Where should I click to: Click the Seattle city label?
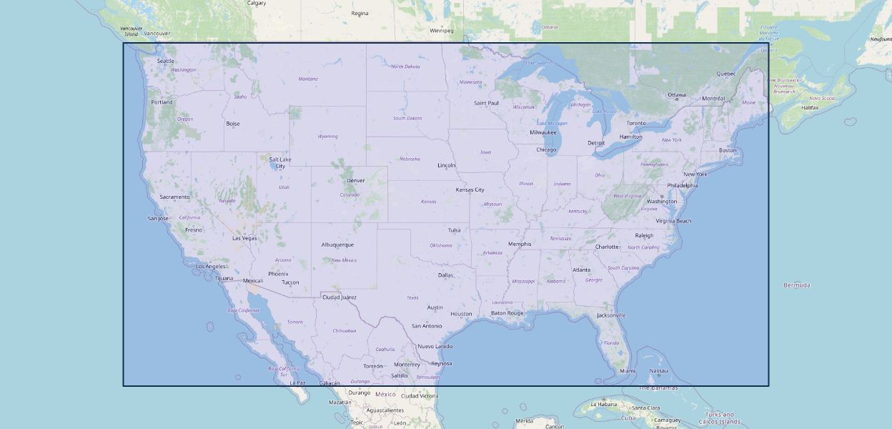165,61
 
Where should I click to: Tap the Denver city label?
355,180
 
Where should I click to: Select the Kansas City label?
470,189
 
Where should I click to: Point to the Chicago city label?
546,149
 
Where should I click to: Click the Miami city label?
628,371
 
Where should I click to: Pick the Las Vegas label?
244,238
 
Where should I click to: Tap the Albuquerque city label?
337,245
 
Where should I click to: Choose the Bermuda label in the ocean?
797,285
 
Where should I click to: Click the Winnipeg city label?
441,31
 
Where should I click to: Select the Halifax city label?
810,107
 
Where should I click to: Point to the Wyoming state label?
327,136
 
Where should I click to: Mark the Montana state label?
308,79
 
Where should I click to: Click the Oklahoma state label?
440,245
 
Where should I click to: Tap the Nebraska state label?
410,159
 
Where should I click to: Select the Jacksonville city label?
611,315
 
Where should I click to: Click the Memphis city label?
520,244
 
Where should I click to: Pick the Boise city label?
233,124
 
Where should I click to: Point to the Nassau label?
658,371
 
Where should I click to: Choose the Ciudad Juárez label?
339,297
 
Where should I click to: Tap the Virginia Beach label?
673,221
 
